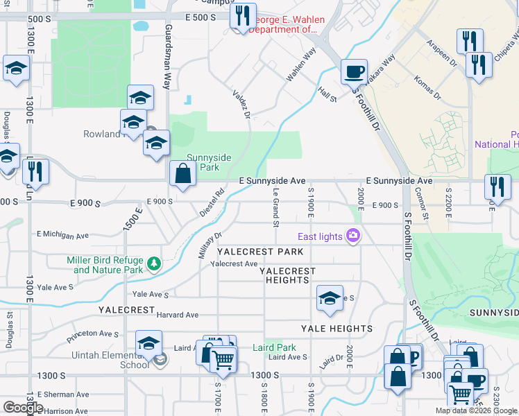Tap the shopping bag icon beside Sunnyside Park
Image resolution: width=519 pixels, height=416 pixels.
coord(182,174)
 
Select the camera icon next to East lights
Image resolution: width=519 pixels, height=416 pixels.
coord(353,236)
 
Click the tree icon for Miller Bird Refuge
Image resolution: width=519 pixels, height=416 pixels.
coord(153,264)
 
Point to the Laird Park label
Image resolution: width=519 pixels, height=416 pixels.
coord(274,347)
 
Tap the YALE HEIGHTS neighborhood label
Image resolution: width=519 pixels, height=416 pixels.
coord(337,329)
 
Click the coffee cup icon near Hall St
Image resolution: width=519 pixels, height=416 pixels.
coord(354,71)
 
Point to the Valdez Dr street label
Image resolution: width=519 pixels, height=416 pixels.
coord(241,104)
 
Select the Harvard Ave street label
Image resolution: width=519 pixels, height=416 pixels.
coord(178,315)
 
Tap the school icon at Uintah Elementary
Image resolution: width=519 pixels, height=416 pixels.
coord(148,343)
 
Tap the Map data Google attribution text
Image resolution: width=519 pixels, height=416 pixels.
coord(476,410)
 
